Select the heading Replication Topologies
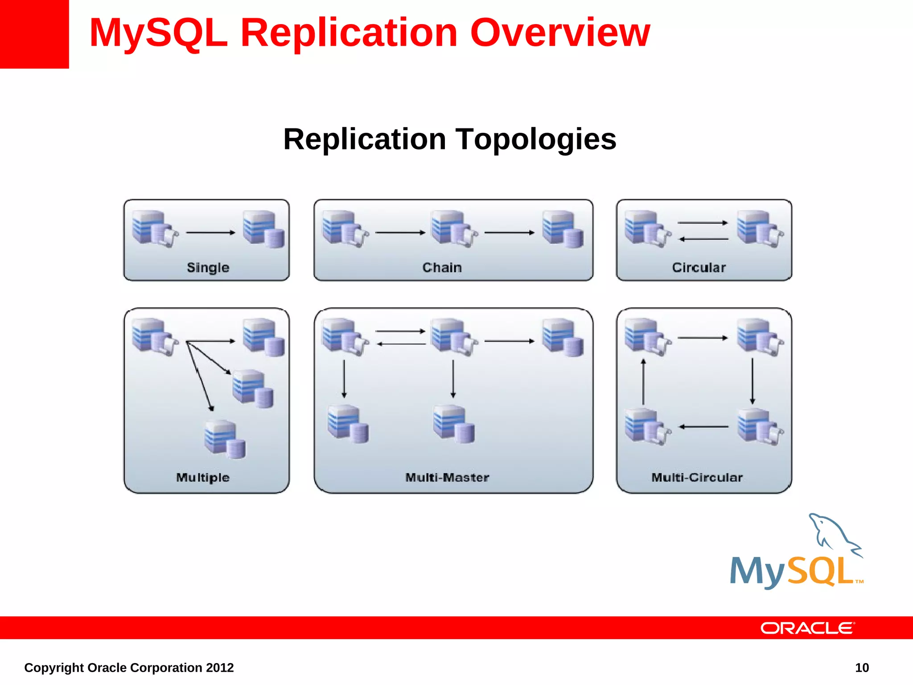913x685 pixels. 449,139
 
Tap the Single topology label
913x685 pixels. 208,268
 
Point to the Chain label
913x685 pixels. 442,268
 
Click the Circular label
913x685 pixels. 699,268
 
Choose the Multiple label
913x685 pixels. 203,478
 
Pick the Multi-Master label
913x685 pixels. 447,478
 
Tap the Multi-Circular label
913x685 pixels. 697,478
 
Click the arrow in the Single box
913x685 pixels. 210,232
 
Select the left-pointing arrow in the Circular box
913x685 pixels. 703,239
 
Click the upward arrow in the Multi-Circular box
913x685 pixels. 643,382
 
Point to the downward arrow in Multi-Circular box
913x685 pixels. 753,381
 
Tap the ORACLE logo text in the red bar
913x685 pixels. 807,628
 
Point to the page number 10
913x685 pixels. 862,668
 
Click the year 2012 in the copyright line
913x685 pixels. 219,668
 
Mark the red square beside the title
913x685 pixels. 34,34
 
